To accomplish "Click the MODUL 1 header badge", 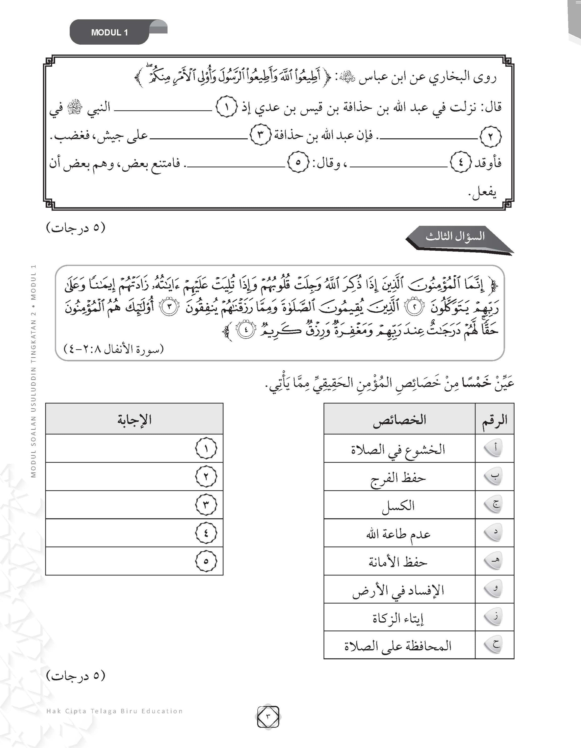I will coord(109,32).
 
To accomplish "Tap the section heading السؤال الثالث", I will coord(455,236).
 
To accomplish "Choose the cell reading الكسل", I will coord(399,505).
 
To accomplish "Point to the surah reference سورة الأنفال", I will coord(114,349).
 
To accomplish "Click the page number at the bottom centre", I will coord(268,716).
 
